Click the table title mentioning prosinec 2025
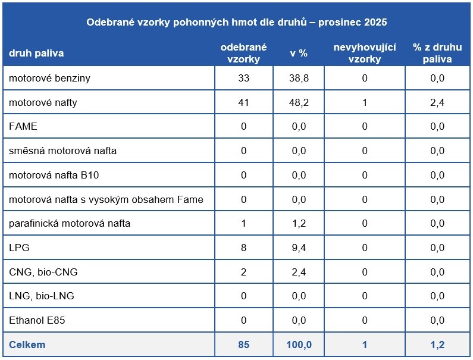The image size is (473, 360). pos(237,22)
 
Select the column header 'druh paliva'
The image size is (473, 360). pos(36,53)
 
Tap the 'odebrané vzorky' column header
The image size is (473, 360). pos(243,53)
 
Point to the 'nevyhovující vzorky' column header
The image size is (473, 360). pos(364,53)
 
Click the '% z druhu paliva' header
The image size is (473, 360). pos(437,53)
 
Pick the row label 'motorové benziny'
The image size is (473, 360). pos(49,78)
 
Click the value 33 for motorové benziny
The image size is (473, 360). pos(243,78)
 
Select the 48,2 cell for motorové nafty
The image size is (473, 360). pos(299,102)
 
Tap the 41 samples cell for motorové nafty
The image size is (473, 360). pos(243,102)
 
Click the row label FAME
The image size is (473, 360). pos(23,126)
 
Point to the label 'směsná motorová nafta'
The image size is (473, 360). pos(62,151)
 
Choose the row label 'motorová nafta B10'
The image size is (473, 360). pos(54,175)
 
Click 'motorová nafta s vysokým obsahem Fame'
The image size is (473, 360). pos(106,199)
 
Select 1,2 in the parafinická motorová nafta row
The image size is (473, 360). pos(299,223)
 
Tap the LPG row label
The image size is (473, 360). pos(19,248)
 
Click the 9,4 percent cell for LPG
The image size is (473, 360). pos(299,248)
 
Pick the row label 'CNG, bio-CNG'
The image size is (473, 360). pos(43,272)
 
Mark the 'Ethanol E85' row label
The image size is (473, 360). pos(37,320)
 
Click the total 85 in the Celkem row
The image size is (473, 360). pos(243,345)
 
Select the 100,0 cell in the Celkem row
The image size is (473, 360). pos(299,345)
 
